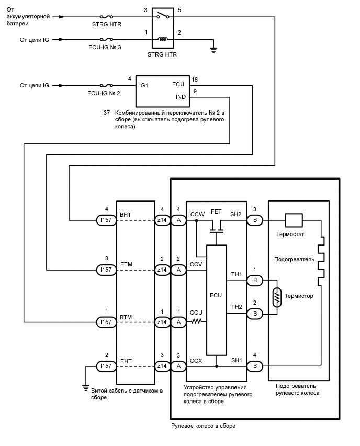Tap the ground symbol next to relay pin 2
click(213, 50)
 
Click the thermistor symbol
click(276, 297)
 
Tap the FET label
click(216, 213)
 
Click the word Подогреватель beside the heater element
click(294, 259)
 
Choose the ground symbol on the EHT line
click(85, 387)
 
